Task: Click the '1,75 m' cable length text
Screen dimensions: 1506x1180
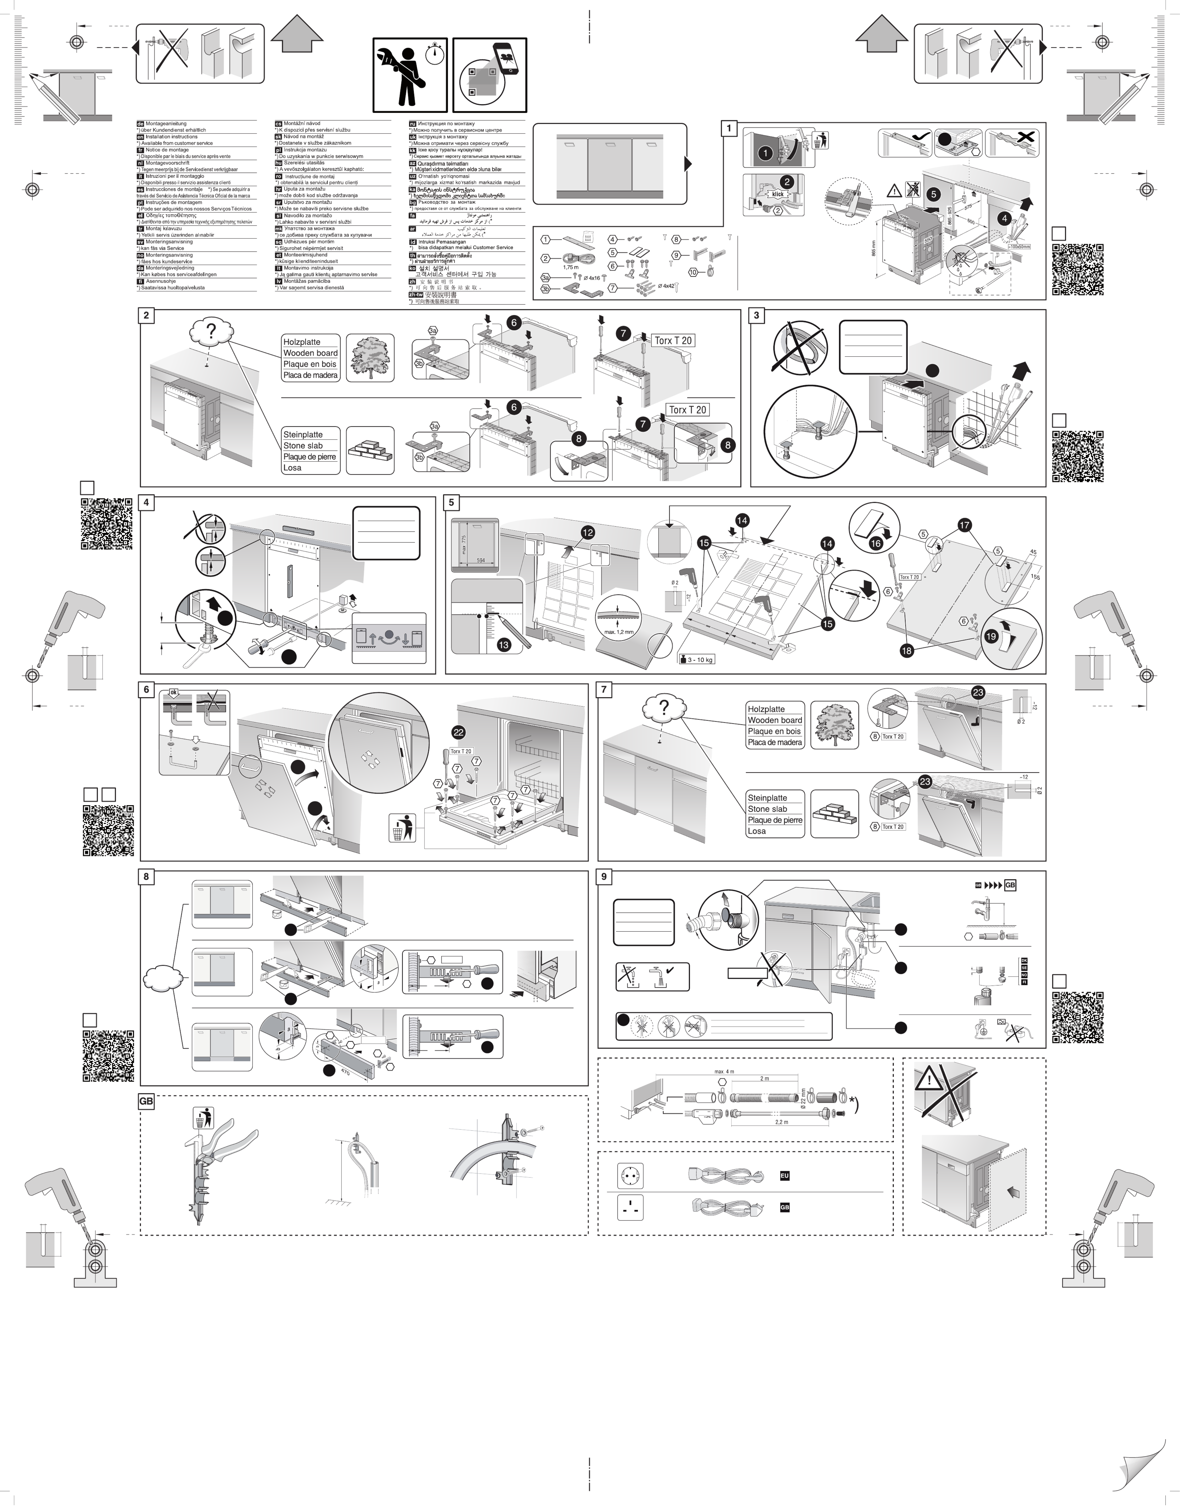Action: (571, 267)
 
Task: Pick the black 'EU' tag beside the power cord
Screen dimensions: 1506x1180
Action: (784, 1175)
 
